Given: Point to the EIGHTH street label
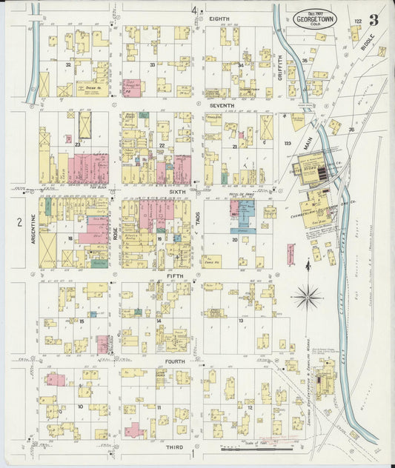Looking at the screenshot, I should point(219,17).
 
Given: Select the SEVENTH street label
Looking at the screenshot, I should point(222,106).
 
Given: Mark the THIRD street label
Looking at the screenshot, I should point(176,448).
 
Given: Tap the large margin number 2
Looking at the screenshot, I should point(11,222).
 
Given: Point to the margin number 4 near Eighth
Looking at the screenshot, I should point(194,10).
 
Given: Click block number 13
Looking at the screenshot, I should point(241,320).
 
